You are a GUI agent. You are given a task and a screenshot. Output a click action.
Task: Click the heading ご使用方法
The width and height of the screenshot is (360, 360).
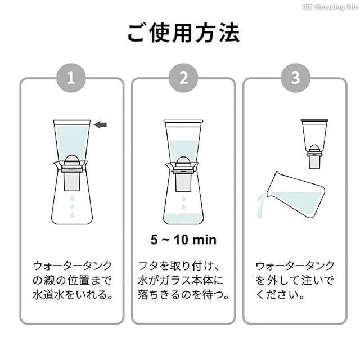pyautogui.click(x=183, y=33)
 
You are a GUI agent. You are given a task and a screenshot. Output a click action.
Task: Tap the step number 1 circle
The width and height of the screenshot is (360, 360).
pyautogui.click(x=71, y=78)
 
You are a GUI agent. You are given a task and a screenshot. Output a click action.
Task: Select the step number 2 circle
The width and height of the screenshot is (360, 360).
pyautogui.click(x=183, y=78)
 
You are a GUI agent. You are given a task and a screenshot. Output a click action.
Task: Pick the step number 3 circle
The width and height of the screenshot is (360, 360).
pyautogui.click(x=295, y=78)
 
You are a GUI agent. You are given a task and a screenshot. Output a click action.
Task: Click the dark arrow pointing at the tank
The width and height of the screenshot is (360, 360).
pyautogui.click(x=100, y=125)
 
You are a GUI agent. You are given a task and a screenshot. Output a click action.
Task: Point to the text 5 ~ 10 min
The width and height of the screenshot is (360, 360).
pyautogui.click(x=183, y=240)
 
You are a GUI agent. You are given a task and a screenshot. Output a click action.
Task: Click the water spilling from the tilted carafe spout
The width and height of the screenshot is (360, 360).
pyautogui.click(x=261, y=205)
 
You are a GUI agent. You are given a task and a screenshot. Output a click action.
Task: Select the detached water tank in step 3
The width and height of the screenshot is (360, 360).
pyautogui.click(x=314, y=144)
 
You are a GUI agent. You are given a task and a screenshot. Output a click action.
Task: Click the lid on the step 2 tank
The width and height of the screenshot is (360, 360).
pyautogui.click(x=183, y=121)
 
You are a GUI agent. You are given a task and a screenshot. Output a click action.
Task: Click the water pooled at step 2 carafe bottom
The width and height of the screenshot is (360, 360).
pyautogui.click(x=183, y=219)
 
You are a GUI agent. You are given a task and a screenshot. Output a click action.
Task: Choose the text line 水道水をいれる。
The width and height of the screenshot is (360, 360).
pyautogui.click(x=73, y=295)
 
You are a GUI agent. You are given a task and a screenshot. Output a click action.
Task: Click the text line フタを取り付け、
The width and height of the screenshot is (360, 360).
pyautogui.click(x=179, y=266)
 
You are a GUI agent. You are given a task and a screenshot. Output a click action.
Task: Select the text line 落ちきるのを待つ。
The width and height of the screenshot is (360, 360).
pyautogui.click(x=183, y=295)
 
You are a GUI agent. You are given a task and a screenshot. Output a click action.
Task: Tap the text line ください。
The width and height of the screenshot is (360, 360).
pyautogui.click(x=280, y=295)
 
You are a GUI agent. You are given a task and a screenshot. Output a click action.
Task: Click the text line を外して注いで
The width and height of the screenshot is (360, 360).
pyautogui.click(x=295, y=280)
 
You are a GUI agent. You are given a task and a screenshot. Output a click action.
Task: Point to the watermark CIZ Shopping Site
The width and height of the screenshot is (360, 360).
pyautogui.click(x=330, y=7)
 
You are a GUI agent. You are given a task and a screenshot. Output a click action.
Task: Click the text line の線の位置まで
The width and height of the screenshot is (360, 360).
pyautogui.click(x=72, y=280)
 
